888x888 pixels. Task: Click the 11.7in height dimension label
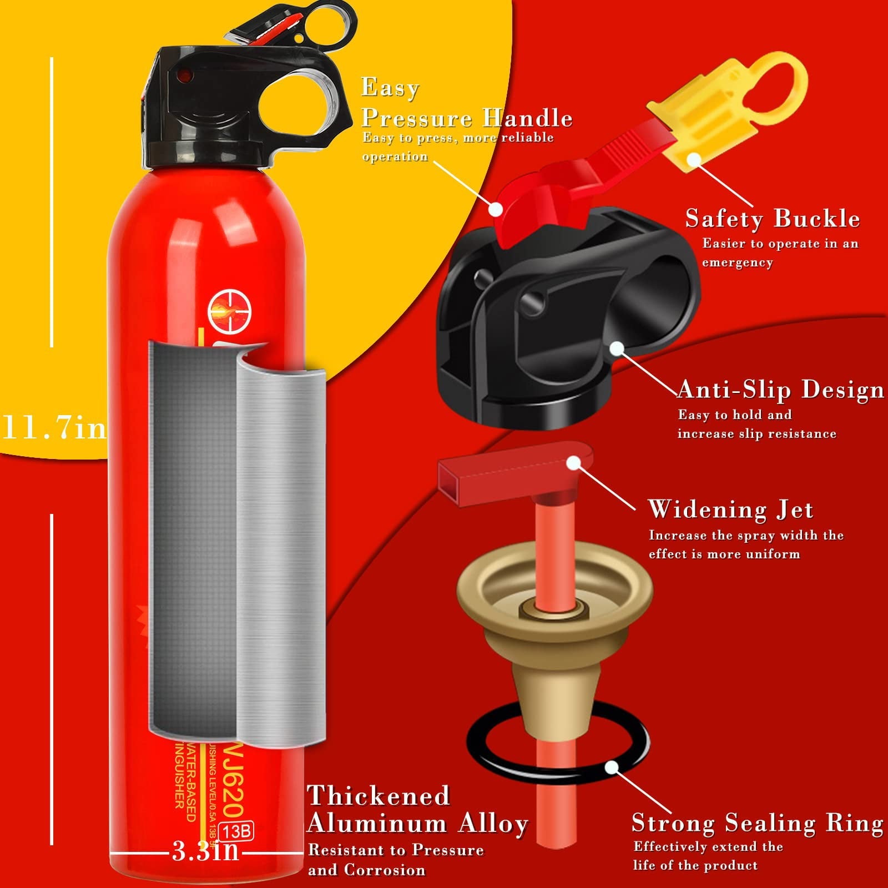54,428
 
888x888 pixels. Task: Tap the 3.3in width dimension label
205,851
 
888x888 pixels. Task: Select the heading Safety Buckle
772,218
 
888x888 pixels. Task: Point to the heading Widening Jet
730,509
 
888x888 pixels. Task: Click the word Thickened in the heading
379,795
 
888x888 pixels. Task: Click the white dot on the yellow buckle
693,159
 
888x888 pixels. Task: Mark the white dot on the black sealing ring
612,768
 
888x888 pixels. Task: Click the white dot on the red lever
496,209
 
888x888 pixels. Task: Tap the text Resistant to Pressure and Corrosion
396,859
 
